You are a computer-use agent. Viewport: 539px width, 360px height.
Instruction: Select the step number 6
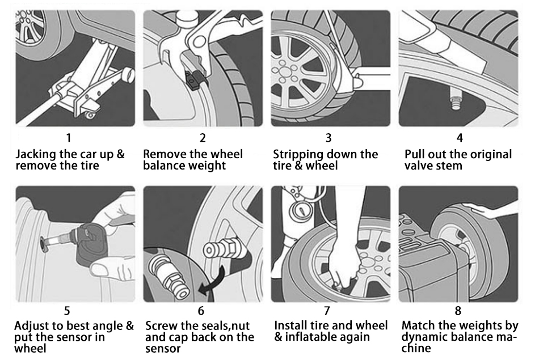[201, 311]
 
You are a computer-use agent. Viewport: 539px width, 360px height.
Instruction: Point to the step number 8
[458, 311]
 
